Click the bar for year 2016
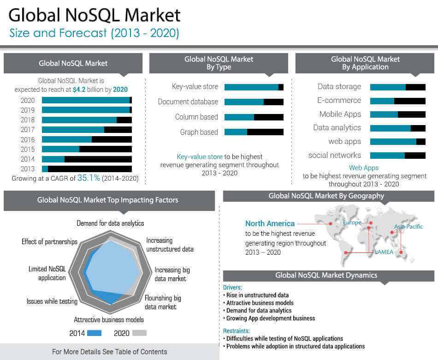87,139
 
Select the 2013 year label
28,169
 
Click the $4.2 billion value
90,90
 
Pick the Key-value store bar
254,87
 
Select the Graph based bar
254,132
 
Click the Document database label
188,102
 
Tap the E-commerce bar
397,101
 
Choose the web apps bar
397,142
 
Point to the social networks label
335,155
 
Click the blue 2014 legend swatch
94,333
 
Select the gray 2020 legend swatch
139,333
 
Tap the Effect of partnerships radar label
49,242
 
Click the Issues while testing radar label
52,301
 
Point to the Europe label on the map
352,222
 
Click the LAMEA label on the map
384,252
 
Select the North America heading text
270,223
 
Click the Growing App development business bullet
270,318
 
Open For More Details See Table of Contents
109,352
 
